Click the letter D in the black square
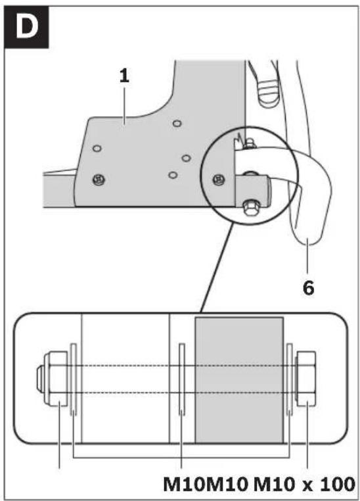pyautogui.click(x=27, y=28)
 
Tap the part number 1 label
pyautogui.click(x=124, y=76)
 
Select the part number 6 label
pyautogui.click(x=308, y=288)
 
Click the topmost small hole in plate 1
pyautogui.click(x=177, y=124)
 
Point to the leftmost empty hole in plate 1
pyautogui.click(x=97, y=148)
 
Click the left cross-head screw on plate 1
pyautogui.click(x=99, y=179)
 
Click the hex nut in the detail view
pyautogui.click(x=56, y=379)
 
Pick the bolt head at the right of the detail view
pyautogui.click(x=306, y=379)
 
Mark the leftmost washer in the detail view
pyautogui.click(x=74, y=379)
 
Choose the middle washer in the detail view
pyautogui.click(x=182, y=379)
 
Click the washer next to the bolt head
pyautogui.click(x=290, y=379)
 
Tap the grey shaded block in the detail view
pyautogui.click(x=239, y=380)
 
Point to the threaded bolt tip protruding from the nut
pyautogui.click(x=40, y=379)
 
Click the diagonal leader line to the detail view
pyautogui.click(x=217, y=268)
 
